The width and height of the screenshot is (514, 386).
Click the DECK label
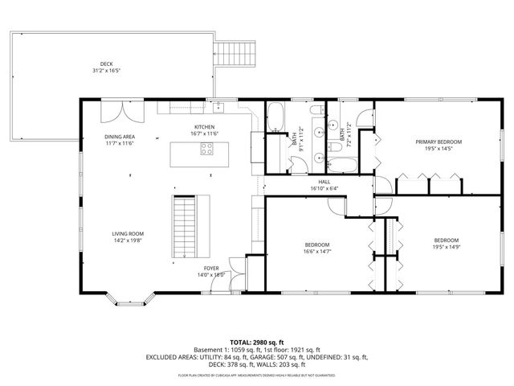click(106, 64)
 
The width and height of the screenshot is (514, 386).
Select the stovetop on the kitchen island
click(207, 149)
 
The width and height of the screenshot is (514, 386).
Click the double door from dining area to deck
click(123, 109)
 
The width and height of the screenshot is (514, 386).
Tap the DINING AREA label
click(119, 137)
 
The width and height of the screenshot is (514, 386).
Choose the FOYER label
click(211, 269)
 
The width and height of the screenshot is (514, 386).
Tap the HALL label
click(324, 182)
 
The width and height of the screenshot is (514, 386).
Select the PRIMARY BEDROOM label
click(439, 142)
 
